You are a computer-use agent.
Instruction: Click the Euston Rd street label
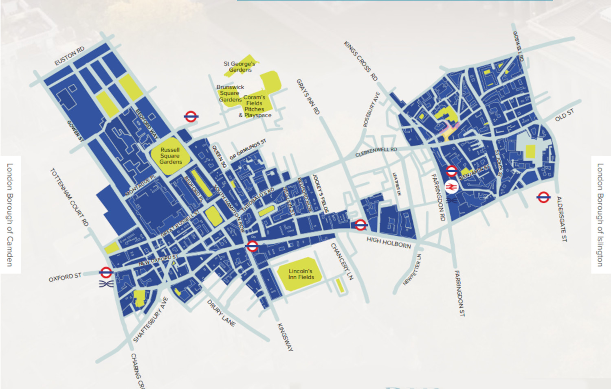[x=69, y=56]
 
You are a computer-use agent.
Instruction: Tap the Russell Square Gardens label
[x=170, y=156]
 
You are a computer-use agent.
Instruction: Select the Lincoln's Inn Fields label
[x=301, y=274]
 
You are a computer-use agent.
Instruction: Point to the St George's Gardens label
[x=240, y=67]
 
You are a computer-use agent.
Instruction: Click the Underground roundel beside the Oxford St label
[x=106, y=272]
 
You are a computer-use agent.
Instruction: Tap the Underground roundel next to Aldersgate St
[x=543, y=197]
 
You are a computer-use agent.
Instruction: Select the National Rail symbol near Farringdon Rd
[x=451, y=186]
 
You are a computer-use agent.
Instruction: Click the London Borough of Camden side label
[x=10, y=215]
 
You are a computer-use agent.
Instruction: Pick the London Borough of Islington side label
[x=600, y=215]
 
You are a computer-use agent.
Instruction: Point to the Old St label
[x=565, y=115]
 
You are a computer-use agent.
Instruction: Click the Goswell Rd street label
[x=518, y=46]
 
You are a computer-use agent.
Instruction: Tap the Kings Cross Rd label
[x=360, y=61]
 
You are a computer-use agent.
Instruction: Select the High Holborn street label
[x=389, y=243]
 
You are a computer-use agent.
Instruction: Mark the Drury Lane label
[x=221, y=313]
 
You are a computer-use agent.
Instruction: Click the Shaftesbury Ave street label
[x=151, y=320]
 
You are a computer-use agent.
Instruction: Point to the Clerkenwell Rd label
[x=376, y=152]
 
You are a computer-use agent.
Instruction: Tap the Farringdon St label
[x=459, y=293]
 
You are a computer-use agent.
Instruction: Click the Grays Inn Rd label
[x=308, y=96]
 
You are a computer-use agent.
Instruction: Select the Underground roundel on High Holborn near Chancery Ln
[x=360, y=225]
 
